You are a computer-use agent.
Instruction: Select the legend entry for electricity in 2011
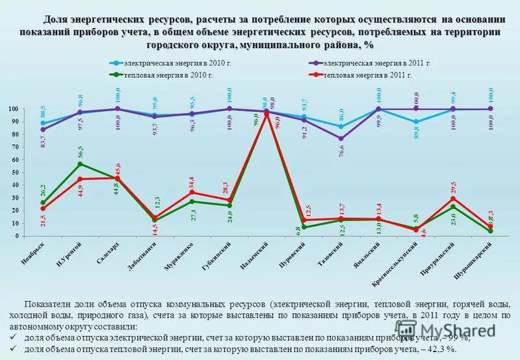(x=370, y=63)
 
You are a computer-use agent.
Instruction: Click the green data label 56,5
(x=81, y=152)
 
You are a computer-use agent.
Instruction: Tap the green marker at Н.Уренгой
(x=79, y=164)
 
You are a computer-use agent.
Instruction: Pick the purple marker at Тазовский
(x=341, y=138)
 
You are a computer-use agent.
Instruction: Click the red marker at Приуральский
(x=454, y=199)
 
